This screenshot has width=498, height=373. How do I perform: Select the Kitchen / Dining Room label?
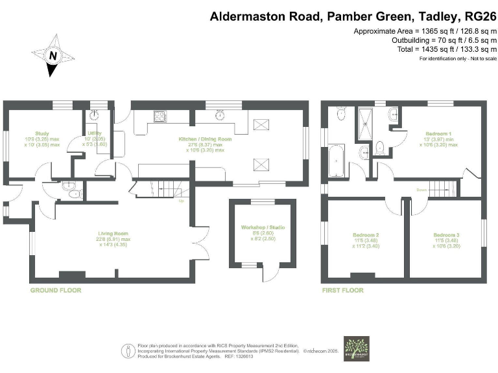coord(206,139)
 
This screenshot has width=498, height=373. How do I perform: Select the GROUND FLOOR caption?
coord(56,290)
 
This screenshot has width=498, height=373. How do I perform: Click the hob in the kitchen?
coord(160,117)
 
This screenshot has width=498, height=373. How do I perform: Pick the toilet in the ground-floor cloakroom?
coord(71,192)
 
